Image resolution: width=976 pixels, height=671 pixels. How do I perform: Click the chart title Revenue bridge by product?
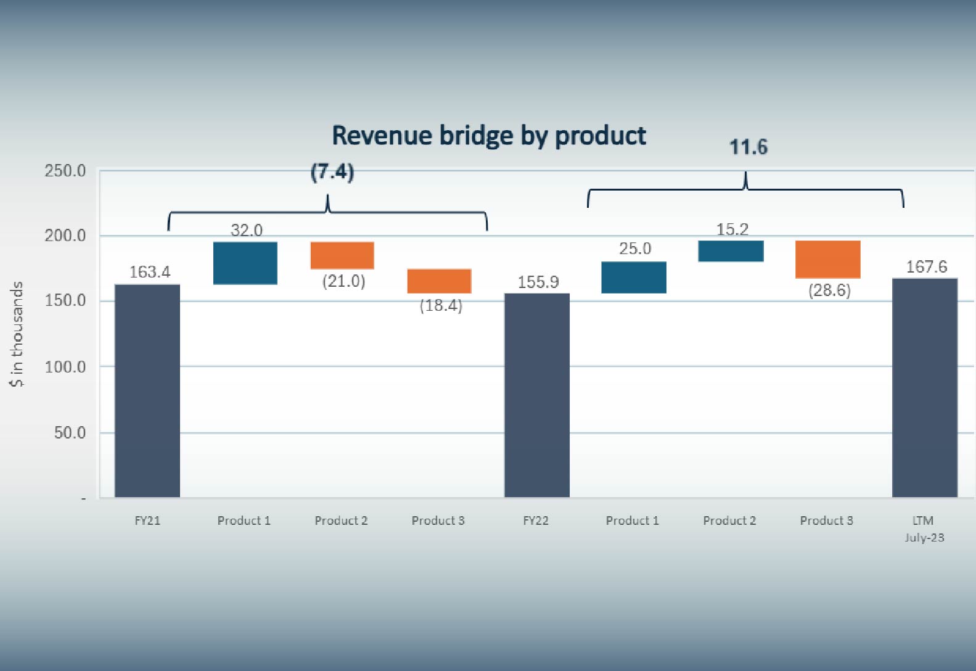click(x=489, y=136)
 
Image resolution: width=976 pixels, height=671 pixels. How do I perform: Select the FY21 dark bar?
click(x=147, y=391)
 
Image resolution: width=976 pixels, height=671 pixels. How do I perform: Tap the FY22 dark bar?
click(x=537, y=395)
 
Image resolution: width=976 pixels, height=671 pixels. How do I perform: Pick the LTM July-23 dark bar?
click(x=925, y=388)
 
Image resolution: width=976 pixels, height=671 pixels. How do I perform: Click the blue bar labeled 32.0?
click(x=245, y=263)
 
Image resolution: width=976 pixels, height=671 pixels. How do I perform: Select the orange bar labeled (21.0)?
click(x=342, y=255)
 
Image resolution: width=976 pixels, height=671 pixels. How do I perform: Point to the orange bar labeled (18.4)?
click(x=439, y=281)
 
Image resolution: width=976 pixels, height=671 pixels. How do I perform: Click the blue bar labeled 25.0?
click(x=634, y=277)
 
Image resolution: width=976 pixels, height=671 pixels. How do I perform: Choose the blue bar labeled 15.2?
click(x=731, y=251)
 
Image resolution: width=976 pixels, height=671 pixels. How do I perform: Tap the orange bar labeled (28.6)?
click(x=828, y=259)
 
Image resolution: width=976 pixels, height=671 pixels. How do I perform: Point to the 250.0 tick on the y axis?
click(x=65, y=171)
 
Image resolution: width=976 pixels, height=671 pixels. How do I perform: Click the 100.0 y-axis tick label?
click(x=65, y=367)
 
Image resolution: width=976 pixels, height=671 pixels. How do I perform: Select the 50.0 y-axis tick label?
click(x=70, y=433)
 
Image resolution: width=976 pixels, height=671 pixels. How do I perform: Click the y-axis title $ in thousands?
click(x=17, y=334)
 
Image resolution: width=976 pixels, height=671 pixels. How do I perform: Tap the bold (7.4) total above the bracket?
click(x=332, y=171)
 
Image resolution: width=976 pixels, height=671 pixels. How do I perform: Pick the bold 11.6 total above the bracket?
click(x=748, y=147)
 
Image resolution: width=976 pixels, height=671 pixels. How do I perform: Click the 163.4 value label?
click(x=150, y=272)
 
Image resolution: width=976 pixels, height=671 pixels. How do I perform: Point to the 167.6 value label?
click(x=927, y=266)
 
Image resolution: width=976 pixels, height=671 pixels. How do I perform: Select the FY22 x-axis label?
click(x=536, y=521)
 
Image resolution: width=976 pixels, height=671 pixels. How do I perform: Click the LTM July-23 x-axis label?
click(x=924, y=529)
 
